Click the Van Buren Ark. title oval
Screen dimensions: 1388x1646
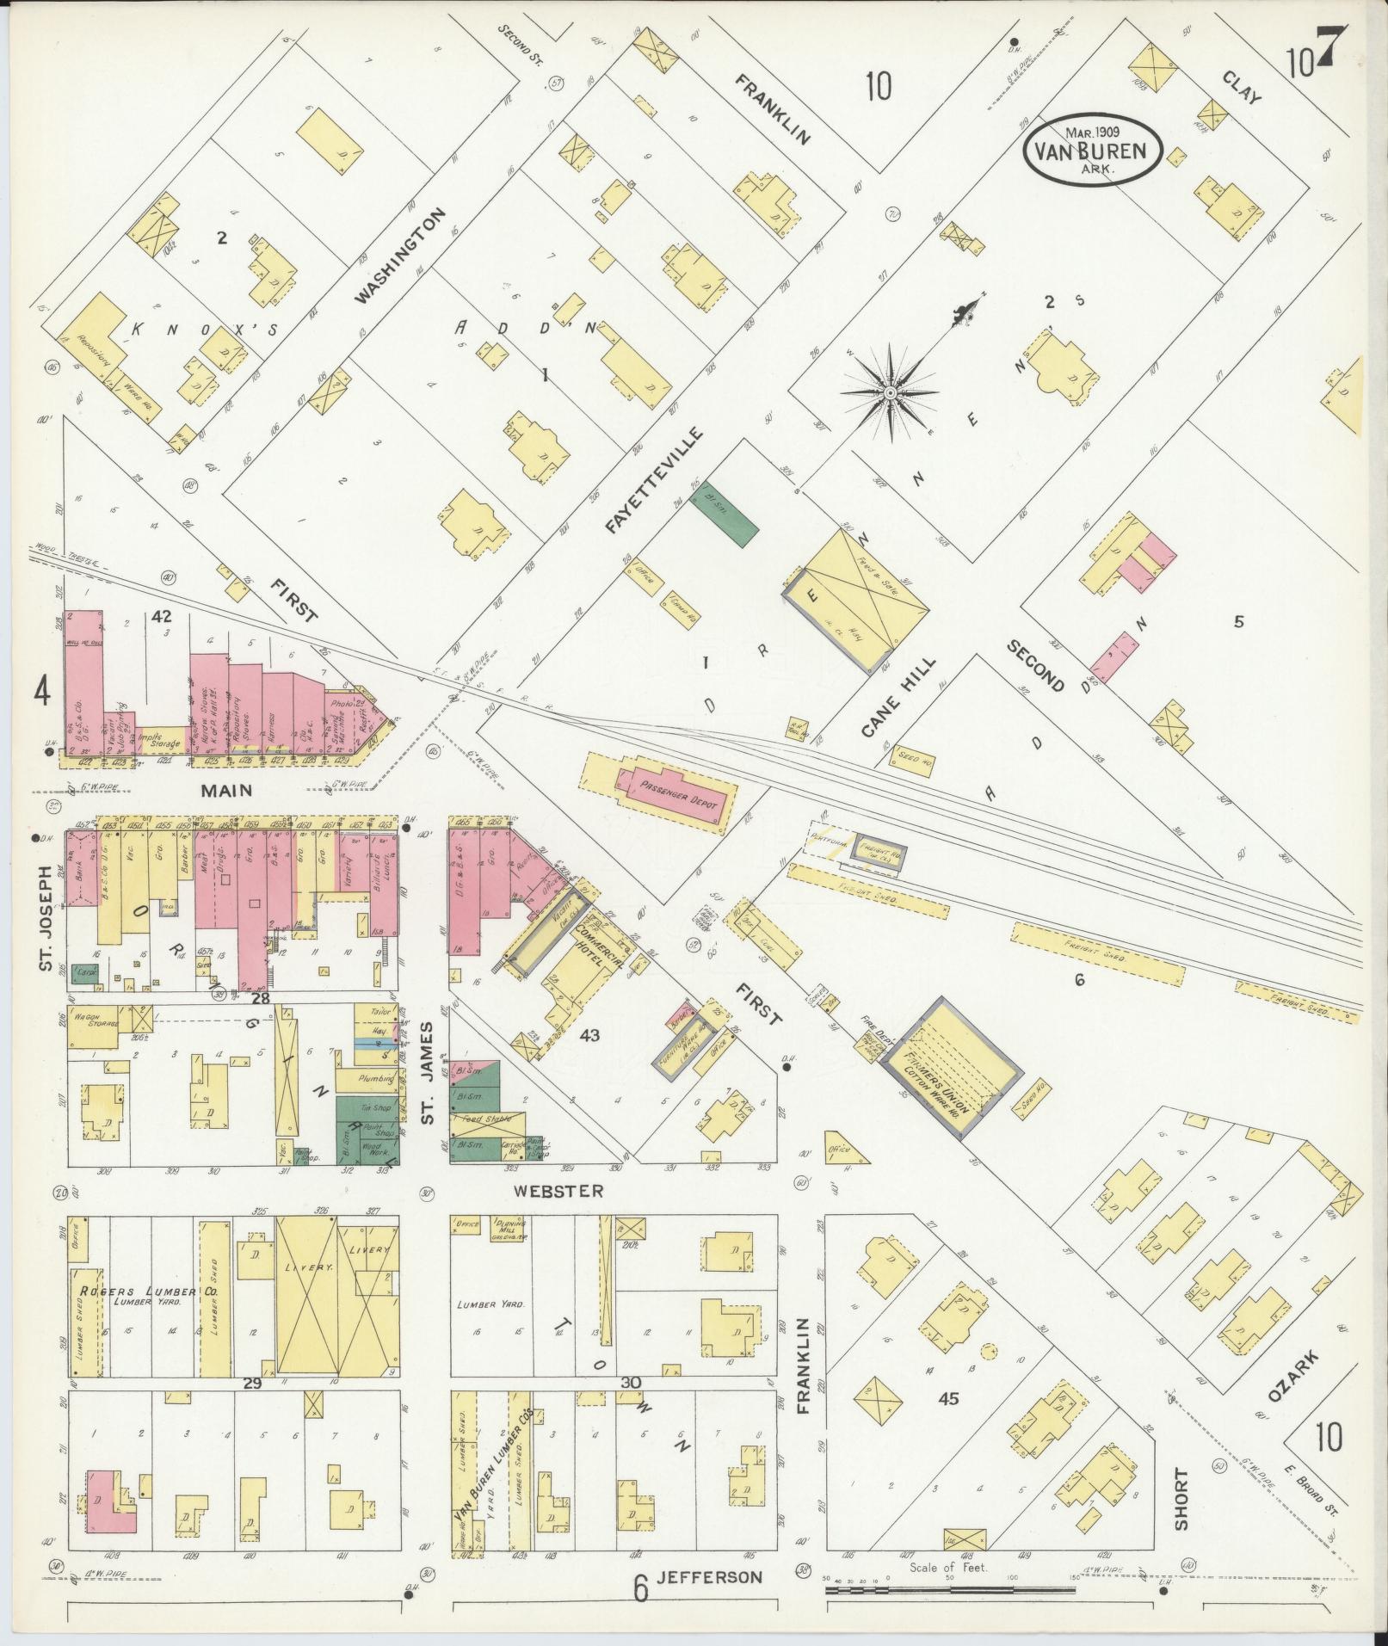coord(1092,151)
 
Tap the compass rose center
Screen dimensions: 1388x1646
coord(891,393)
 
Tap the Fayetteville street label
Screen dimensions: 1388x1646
coord(655,479)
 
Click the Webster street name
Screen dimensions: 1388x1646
coord(558,1191)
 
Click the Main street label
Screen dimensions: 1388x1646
coord(228,789)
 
